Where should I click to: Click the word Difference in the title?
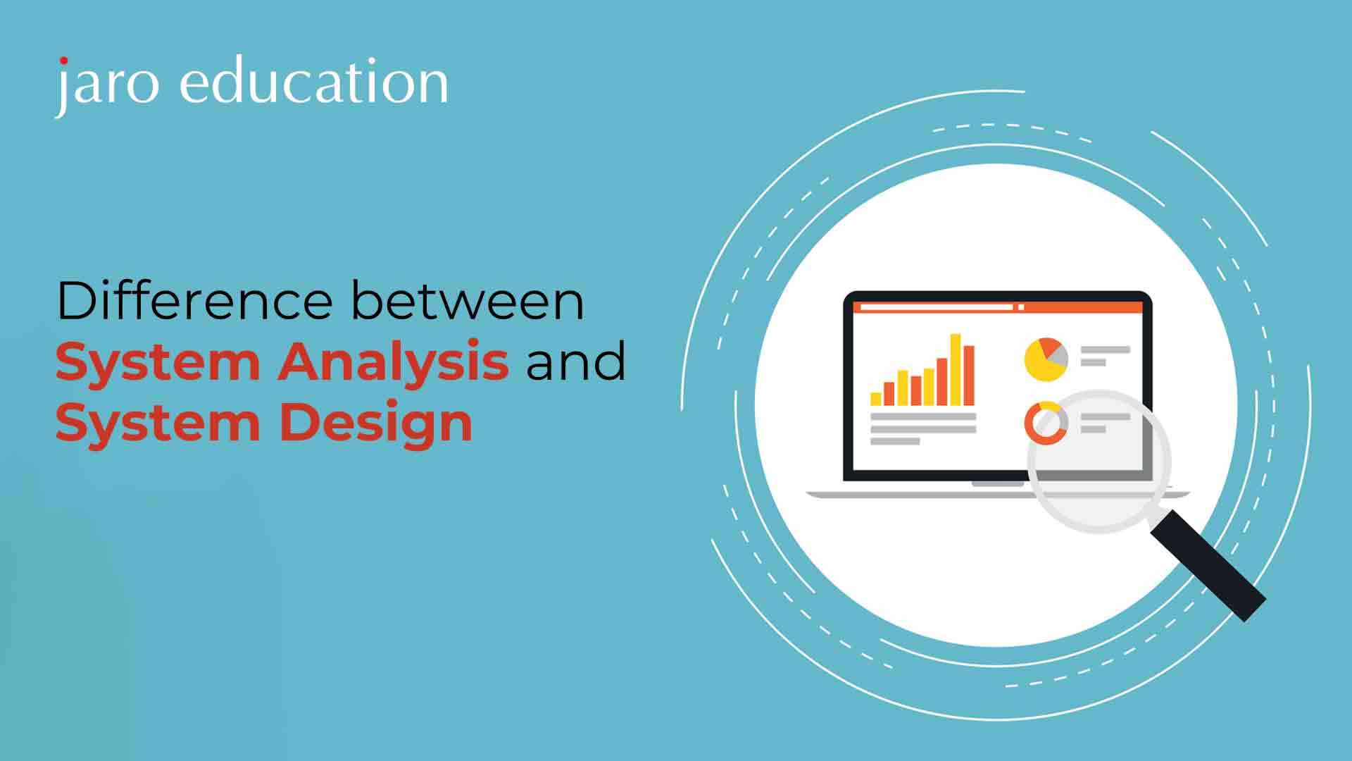[x=194, y=301]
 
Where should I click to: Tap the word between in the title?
[x=468, y=301]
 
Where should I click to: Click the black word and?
[x=575, y=361]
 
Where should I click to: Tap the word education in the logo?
[x=314, y=81]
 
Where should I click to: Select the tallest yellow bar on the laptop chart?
[x=956, y=370]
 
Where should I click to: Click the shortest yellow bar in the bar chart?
[x=876, y=399]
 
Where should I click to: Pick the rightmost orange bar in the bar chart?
[x=969, y=376]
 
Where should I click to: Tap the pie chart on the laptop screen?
[x=1046, y=359]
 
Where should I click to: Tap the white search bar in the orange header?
[x=937, y=307]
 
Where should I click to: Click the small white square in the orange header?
[x=1021, y=307]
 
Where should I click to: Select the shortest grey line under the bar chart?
[x=895, y=441]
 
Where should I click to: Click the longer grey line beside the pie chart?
[x=1106, y=349]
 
